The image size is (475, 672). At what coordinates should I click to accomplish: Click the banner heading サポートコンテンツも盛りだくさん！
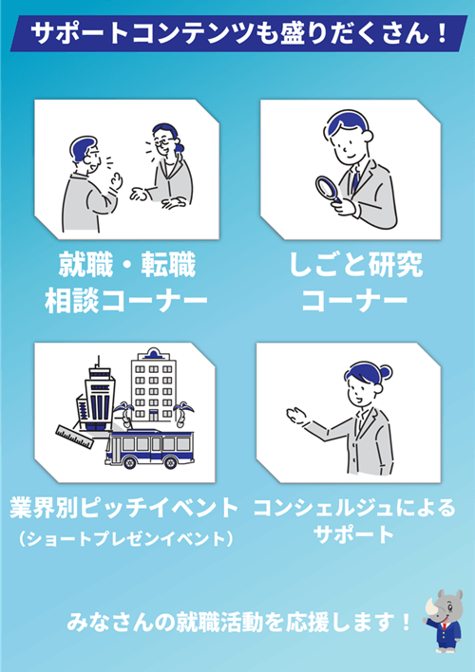(237, 35)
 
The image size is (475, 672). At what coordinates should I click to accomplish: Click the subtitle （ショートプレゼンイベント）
(124, 539)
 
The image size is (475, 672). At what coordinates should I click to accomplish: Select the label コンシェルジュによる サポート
(353, 520)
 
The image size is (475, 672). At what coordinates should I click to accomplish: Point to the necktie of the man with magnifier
(355, 179)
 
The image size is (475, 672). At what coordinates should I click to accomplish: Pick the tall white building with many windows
(152, 385)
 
